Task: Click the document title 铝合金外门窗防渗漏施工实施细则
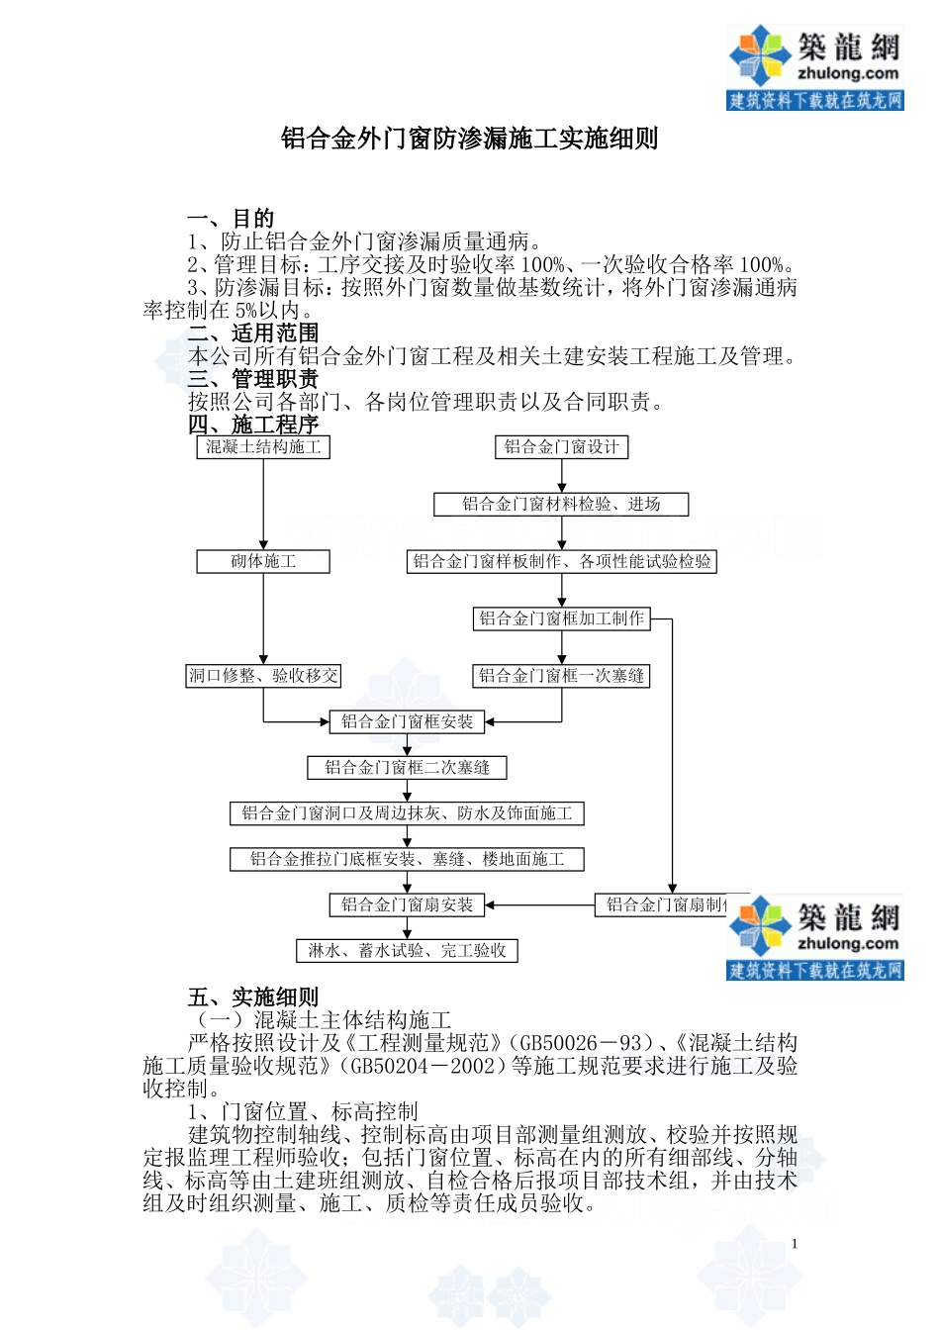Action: (x=469, y=139)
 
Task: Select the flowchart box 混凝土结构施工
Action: (x=263, y=447)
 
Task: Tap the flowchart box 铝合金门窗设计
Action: (x=561, y=447)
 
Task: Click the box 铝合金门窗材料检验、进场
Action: (x=561, y=505)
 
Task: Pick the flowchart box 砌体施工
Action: (x=263, y=562)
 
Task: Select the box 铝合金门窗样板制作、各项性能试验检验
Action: (x=561, y=562)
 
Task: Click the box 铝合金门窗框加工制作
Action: (x=561, y=619)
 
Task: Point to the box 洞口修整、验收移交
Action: (x=263, y=677)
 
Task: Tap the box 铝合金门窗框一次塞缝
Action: (x=561, y=677)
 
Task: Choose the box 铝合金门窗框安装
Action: (x=407, y=722)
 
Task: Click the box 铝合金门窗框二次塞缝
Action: (x=407, y=768)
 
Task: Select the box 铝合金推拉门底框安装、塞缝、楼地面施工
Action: (x=407, y=860)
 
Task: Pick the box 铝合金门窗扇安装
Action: (x=407, y=905)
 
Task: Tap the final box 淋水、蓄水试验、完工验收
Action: (x=407, y=951)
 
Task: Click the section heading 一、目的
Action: (x=231, y=219)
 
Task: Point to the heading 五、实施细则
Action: (x=253, y=997)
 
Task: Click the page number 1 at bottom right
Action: (x=794, y=1244)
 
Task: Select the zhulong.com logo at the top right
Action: (x=814, y=67)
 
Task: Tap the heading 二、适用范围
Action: (x=253, y=333)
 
